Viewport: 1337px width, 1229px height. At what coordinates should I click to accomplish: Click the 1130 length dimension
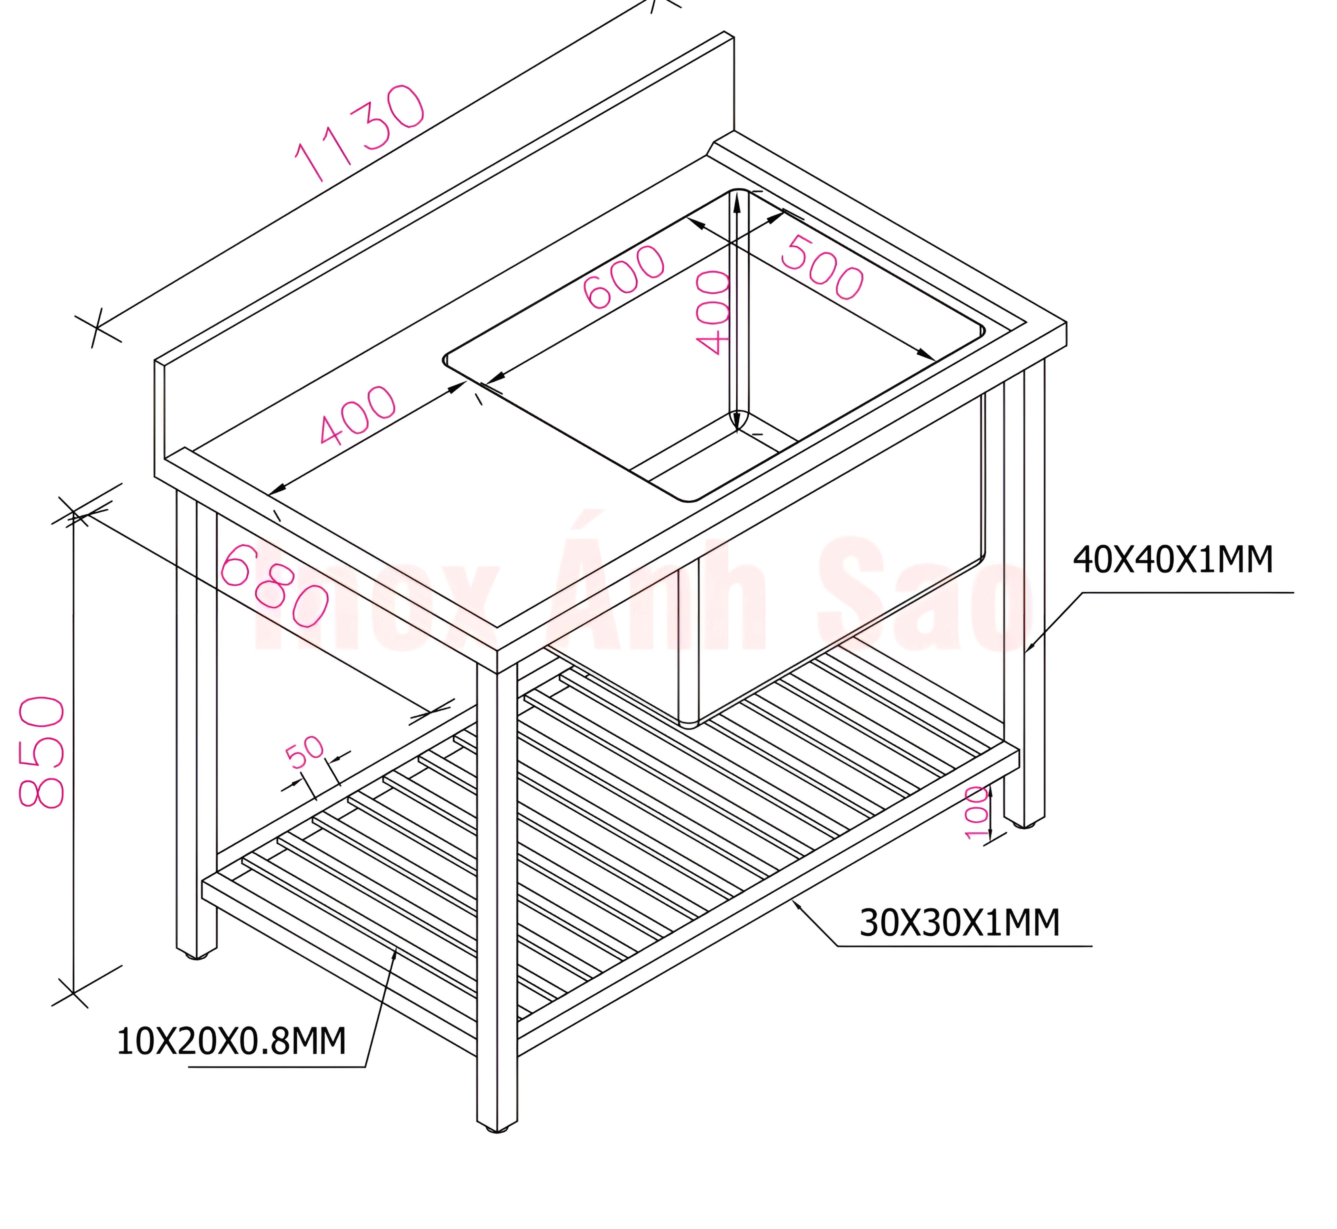[x=359, y=133]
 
